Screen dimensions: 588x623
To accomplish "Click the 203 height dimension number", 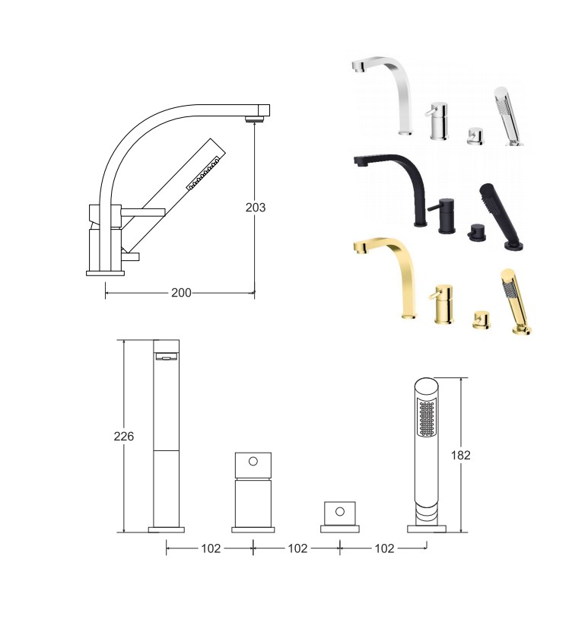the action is coord(256,208).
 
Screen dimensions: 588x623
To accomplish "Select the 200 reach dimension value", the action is coord(181,293).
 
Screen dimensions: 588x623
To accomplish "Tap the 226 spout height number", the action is coord(123,437).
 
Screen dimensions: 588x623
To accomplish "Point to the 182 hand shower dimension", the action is coord(460,455).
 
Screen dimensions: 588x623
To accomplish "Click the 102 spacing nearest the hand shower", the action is coord(384,548).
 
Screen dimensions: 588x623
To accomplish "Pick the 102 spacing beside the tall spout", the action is coord(211,548).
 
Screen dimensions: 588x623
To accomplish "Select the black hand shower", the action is coord(501,217).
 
